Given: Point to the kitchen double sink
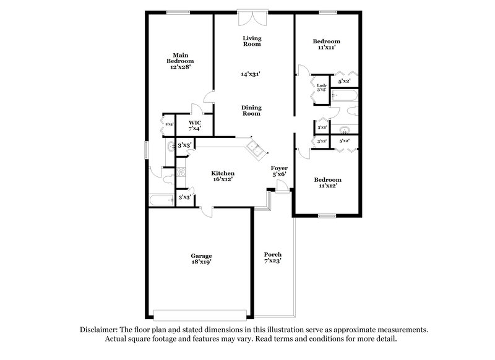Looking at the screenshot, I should [x=253, y=147].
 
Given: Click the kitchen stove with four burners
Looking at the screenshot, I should [x=181, y=173].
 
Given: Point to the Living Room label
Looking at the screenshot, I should [x=251, y=41].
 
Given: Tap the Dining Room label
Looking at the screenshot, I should [x=251, y=110].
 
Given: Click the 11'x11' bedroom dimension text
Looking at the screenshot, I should [x=327, y=48].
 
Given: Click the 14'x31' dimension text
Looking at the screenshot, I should [x=251, y=74].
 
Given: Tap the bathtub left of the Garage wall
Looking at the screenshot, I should [x=161, y=199].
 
